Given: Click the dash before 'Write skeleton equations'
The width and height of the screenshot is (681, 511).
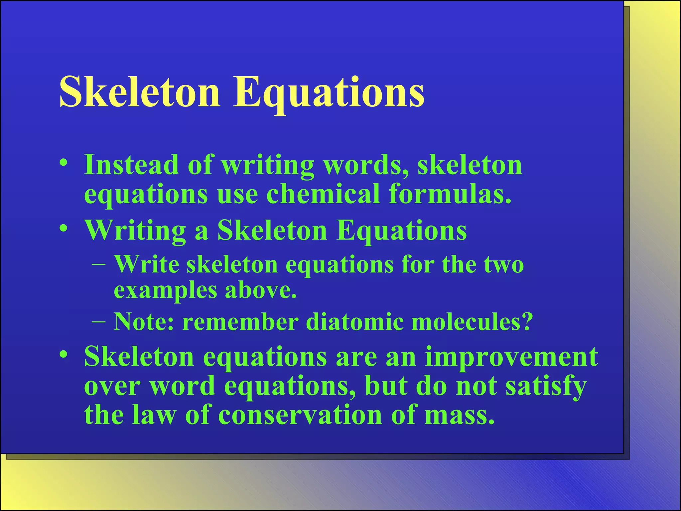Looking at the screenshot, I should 99,265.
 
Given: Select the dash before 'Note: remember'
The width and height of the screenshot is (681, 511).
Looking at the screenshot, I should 99,322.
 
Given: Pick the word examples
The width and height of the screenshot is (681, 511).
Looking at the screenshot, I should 165,291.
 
